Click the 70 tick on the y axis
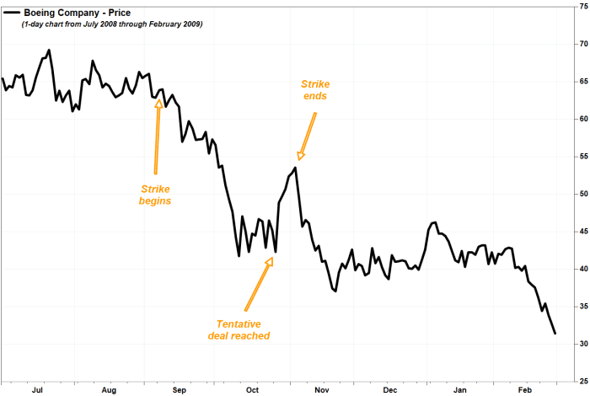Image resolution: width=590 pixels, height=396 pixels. pyautogui.click(x=579, y=43)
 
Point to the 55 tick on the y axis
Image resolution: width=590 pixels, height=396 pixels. pyautogui.click(x=579, y=156)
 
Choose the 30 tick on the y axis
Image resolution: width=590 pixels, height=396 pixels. pyautogui.click(x=579, y=343)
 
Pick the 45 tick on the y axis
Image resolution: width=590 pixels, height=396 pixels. pyautogui.click(x=579, y=231)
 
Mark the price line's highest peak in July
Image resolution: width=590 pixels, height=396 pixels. pyautogui.click(x=49, y=50)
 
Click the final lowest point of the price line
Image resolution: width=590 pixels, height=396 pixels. pyautogui.click(x=555, y=334)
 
